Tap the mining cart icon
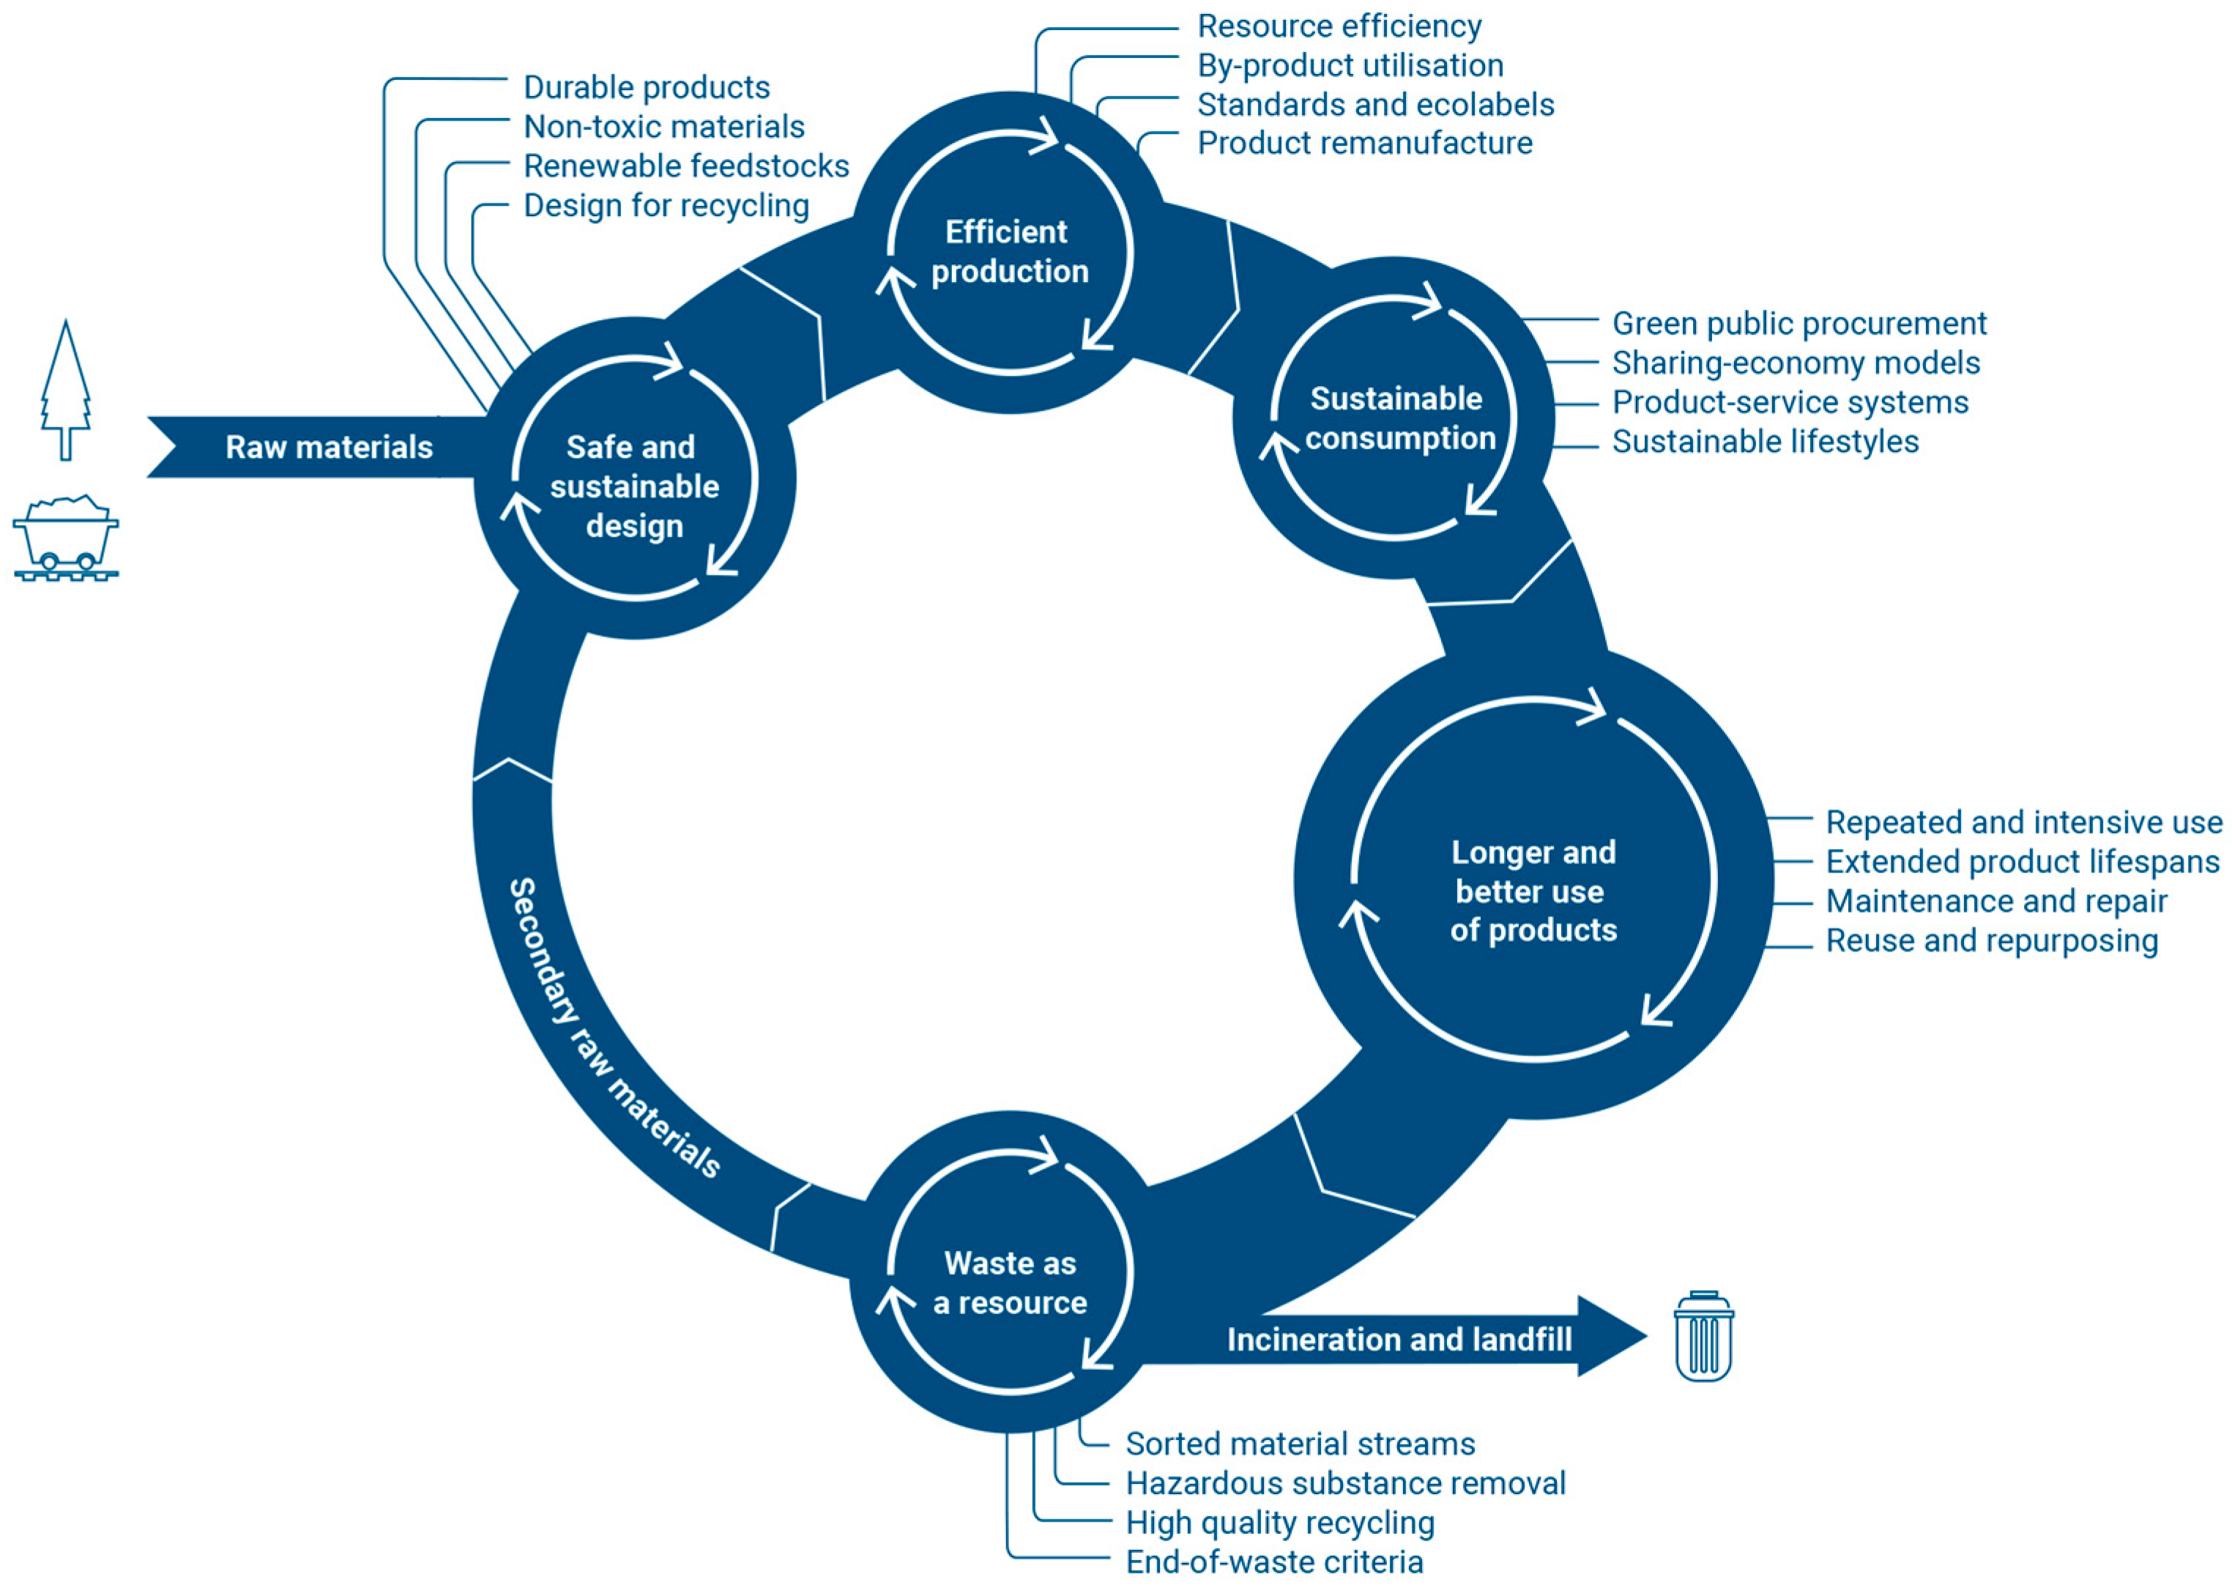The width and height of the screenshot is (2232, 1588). point(65,538)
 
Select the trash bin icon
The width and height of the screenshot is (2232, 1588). point(1703,1337)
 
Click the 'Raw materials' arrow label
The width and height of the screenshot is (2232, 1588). point(329,448)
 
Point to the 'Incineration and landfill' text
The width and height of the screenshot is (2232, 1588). point(1399,1340)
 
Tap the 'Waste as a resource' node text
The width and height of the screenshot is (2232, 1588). point(1010,1283)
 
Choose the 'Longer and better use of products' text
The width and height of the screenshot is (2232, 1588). point(1533,891)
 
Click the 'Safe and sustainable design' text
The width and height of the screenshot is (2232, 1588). point(633,486)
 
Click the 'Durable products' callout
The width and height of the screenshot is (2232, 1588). point(646,88)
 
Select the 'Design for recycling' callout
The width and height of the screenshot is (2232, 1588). point(666,207)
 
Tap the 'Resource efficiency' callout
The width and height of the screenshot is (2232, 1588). point(1339,26)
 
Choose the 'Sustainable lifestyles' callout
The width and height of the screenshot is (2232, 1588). point(1765,442)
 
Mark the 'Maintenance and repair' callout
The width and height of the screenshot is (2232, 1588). point(1995,902)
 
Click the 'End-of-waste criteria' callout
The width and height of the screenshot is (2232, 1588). point(1274,1562)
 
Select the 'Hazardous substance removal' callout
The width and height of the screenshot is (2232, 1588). point(1345,1483)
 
